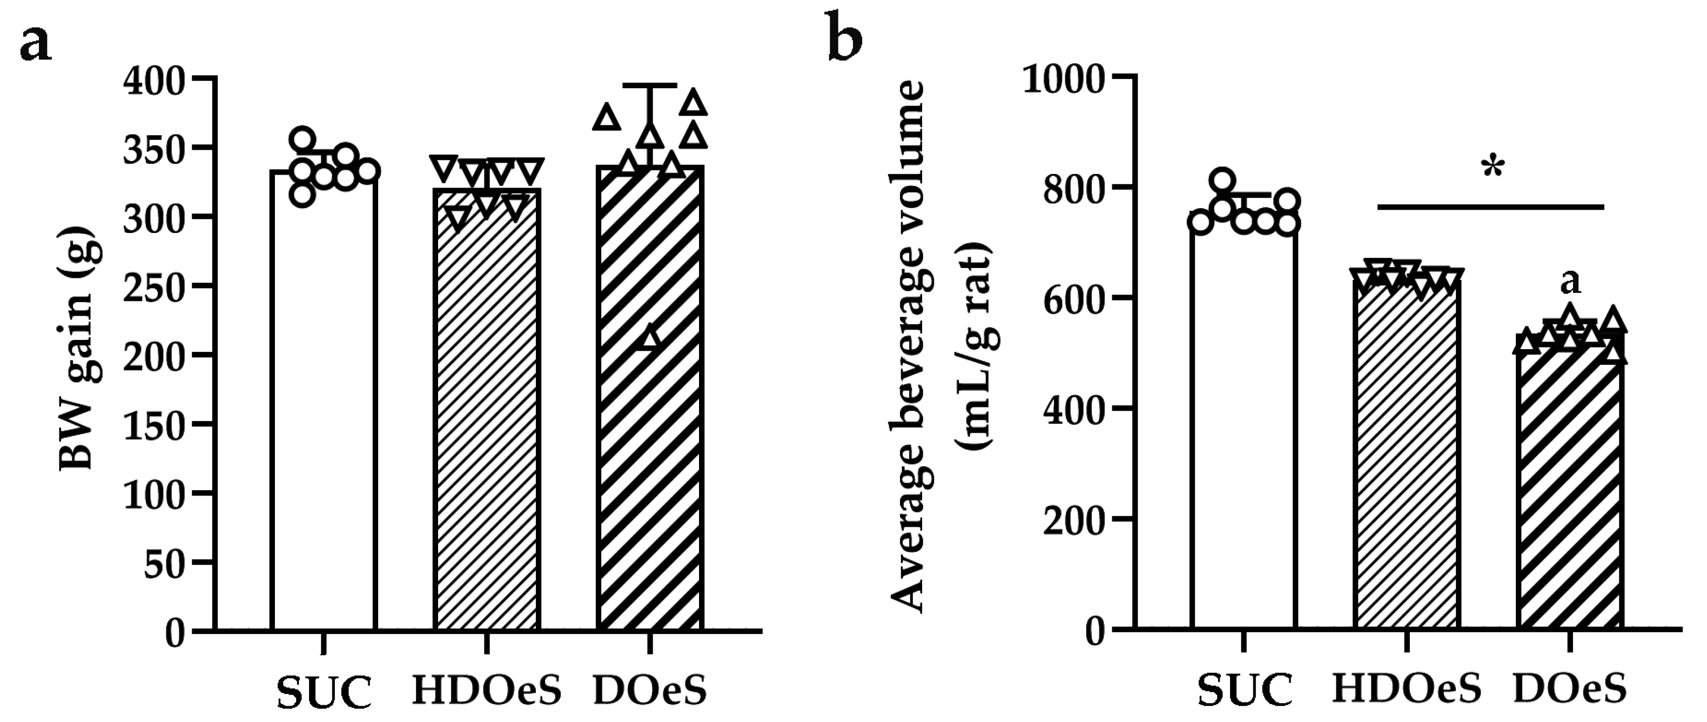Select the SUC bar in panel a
click(324, 411)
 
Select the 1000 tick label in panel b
click(1064, 79)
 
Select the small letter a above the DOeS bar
click(1570, 282)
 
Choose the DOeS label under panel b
click(1569, 690)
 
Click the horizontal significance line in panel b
click(1490, 208)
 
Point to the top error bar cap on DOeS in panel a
click(650, 85)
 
